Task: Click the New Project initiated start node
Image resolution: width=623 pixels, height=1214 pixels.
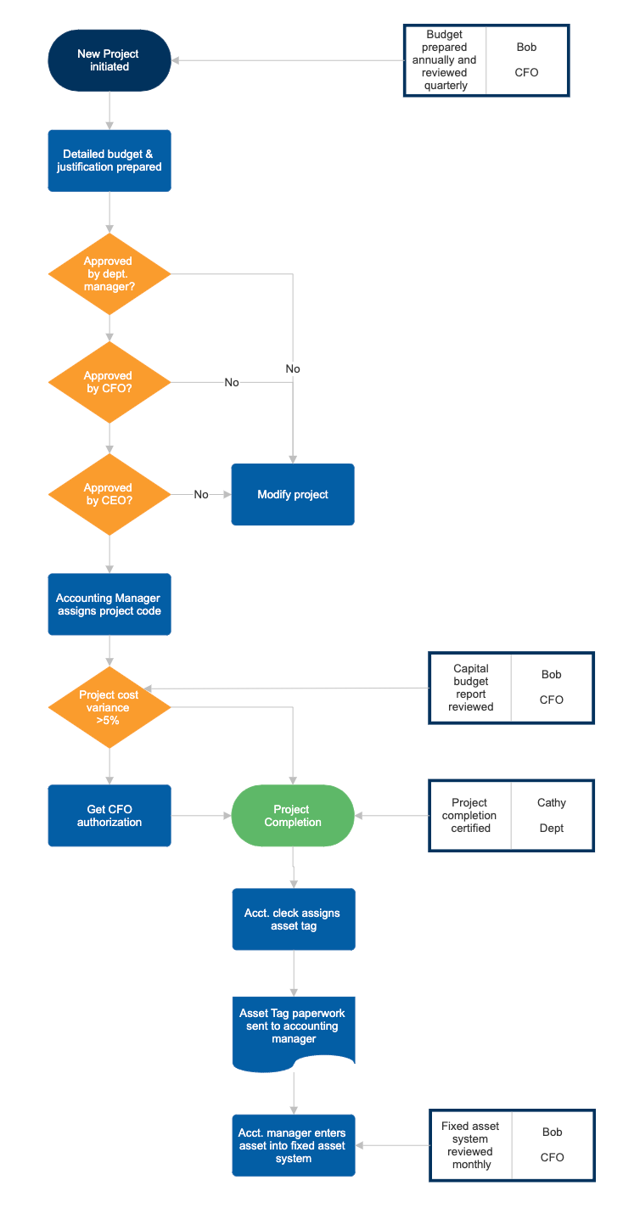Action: (x=109, y=60)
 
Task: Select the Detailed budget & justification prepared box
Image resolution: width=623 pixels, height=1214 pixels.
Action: (x=109, y=160)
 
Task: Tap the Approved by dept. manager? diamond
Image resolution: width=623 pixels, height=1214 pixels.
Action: (x=109, y=273)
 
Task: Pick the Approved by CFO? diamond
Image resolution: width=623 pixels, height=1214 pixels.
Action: (x=109, y=382)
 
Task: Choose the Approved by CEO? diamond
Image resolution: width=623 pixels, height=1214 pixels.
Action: (x=109, y=494)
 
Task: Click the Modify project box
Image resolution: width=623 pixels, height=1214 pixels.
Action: (x=293, y=494)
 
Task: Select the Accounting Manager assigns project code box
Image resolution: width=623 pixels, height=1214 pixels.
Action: (x=109, y=604)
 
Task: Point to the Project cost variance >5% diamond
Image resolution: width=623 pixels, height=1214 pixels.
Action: (x=109, y=707)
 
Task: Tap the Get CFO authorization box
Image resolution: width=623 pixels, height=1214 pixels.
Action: (x=109, y=816)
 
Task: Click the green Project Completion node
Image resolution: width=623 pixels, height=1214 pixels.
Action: (x=293, y=816)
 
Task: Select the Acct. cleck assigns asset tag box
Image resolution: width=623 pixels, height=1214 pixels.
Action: (x=293, y=919)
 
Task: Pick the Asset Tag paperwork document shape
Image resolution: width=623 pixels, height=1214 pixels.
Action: (x=293, y=1026)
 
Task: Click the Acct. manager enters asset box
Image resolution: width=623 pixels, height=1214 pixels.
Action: (x=293, y=1145)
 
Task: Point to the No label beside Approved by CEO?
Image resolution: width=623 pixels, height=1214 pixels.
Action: (x=201, y=495)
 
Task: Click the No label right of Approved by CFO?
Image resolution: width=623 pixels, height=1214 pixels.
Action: (x=232, y=383)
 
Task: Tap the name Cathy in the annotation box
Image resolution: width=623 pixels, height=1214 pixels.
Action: (x=552, y=802)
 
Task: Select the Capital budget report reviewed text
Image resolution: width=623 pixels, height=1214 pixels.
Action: (x=470, y=688)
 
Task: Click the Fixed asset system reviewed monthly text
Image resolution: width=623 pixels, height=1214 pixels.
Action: (x=470, y=1145)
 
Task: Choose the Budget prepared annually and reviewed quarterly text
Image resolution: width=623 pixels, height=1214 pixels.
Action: (x=445, y=60)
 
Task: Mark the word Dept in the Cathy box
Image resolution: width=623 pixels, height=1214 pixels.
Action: (x=552, y=828)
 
